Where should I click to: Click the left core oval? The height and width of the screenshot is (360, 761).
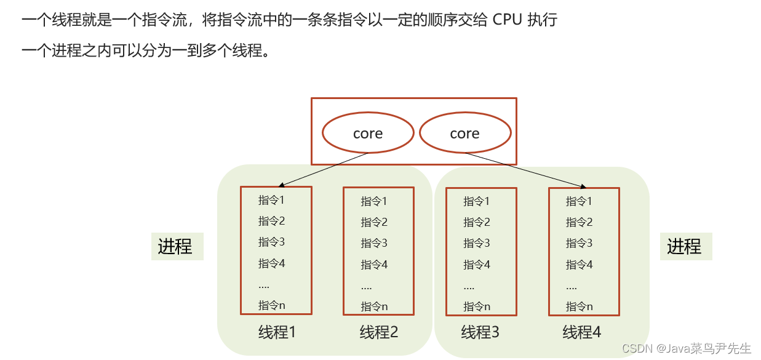point(368,134)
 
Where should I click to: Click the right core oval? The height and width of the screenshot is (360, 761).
point(464,134)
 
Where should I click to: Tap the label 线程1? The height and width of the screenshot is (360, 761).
point(277,332)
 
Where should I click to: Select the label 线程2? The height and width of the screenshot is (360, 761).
point(379,332)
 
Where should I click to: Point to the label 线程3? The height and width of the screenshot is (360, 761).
point(480,332)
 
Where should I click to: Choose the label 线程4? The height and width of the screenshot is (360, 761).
point(582,332)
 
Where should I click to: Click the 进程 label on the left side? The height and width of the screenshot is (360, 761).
point(176,246)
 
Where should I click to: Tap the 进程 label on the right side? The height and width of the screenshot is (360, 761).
point(685,246)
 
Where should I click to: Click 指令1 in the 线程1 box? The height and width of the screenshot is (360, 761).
point(271,200)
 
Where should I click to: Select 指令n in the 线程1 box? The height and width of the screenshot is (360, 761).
point(271,305)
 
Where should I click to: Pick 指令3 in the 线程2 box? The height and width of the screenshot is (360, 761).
point(374,243)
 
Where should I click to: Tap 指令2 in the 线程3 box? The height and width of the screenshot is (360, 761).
point(477,222)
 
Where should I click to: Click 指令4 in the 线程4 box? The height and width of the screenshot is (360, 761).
point(580,265)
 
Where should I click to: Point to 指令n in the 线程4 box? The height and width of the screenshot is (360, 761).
point(580,306)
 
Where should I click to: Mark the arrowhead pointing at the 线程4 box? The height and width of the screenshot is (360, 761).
point(581,186)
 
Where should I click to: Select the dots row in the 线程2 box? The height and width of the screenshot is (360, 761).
point(367,286)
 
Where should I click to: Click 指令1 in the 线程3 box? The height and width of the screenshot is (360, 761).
point(477,201)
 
